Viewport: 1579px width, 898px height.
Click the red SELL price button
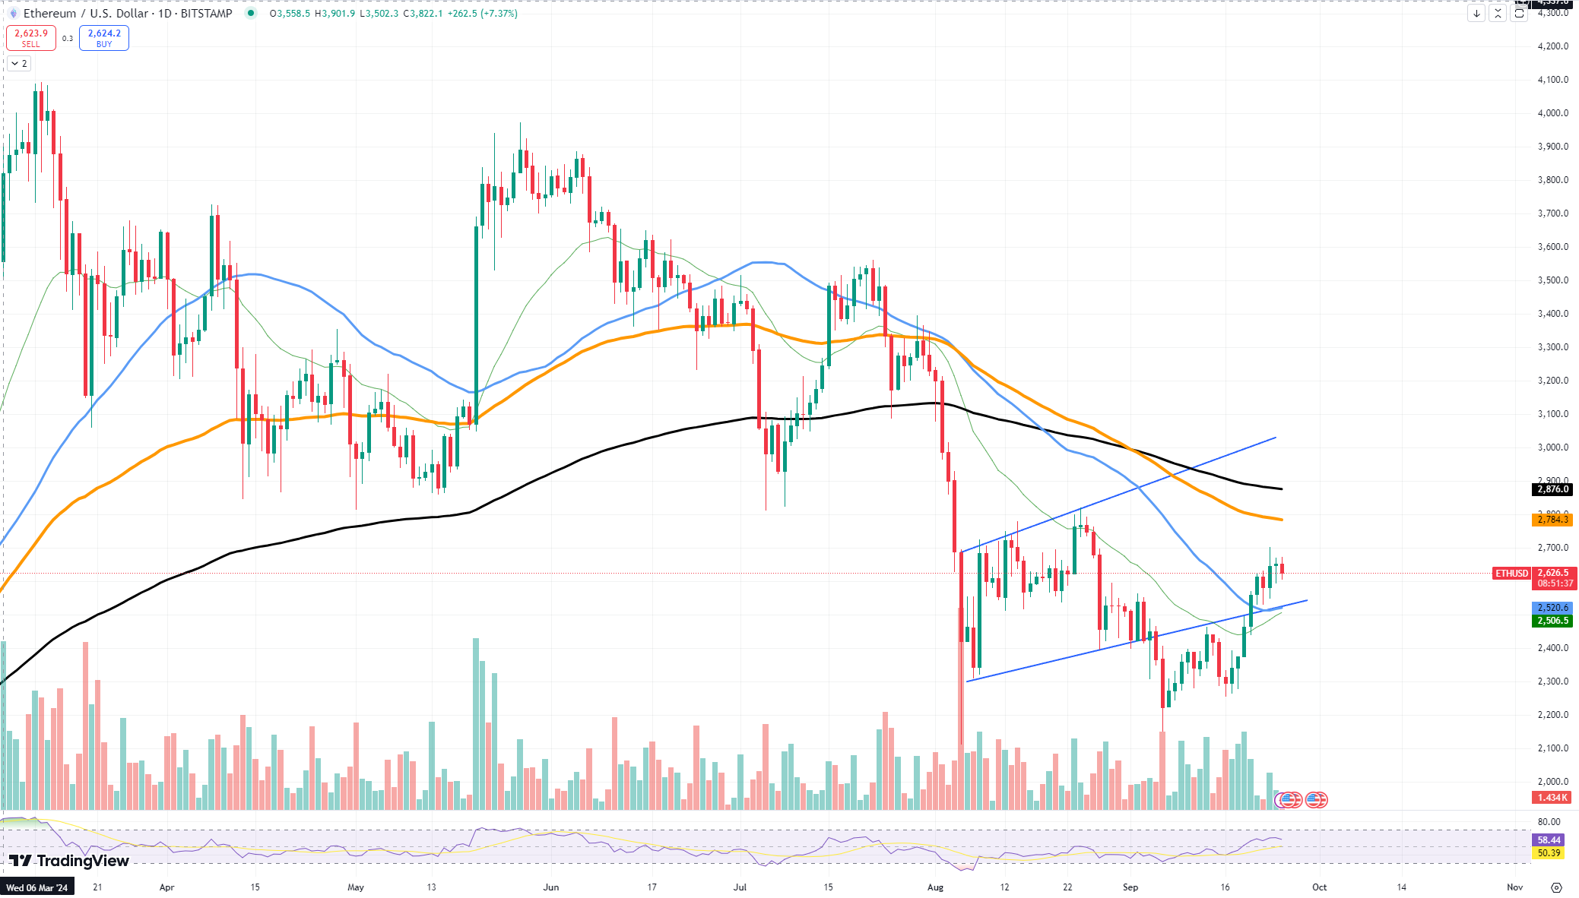[x=31, y=38]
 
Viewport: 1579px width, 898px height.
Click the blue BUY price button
[x=104, y=38]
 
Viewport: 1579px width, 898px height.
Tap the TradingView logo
[x=69, y=861]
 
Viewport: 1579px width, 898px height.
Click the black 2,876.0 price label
[x=1552, y=489]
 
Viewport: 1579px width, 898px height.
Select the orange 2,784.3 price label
[x=1552, y=520]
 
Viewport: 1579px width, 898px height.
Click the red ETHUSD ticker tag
[x=1511, y=574]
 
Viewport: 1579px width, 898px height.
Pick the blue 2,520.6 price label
[x=1552, y=608]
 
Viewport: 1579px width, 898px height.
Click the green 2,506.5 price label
[x=1552, y=621]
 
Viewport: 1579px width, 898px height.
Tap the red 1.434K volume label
[x=1552, y=798]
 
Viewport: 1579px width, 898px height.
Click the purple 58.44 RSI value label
[x=1549, y=840]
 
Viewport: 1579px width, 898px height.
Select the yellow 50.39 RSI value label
[x=1549, y=853]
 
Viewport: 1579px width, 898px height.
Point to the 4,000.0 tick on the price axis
[x=1552, y=113]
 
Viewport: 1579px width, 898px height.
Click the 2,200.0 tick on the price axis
[x=1552, y=715]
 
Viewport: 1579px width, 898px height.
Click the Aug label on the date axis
[x=935, y=887]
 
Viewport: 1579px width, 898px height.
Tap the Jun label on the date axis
[x=551, y=887]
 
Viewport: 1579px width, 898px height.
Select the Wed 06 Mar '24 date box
[x=37, y=887]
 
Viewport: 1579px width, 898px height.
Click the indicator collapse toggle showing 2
[x=19, y=64]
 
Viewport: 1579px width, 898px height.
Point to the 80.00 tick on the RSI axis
[x=1549, y=822]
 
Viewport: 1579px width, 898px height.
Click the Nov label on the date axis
[x=1514, y=887]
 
